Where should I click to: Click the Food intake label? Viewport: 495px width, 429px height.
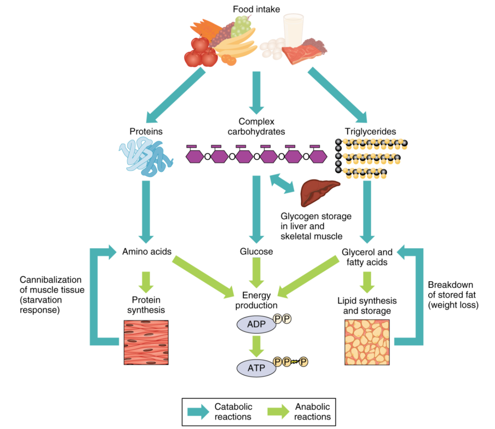[x=256, y=9]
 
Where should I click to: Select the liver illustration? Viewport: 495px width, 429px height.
[x=317, y=192]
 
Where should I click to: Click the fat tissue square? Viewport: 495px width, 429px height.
[x=367, y=342]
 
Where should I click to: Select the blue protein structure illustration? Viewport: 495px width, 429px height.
[x=146, y=158]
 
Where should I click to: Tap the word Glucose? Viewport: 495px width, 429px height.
[x=256, y=251]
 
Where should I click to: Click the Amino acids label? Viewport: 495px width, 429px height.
[x=147, y=251]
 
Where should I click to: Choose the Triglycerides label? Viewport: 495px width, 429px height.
[x=370, y=132]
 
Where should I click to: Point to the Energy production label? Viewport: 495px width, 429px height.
[x=256, y=300]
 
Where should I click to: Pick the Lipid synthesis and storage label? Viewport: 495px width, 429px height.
[x=367, y=306]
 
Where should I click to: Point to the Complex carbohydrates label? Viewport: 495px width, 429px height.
[x=256, y=126]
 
